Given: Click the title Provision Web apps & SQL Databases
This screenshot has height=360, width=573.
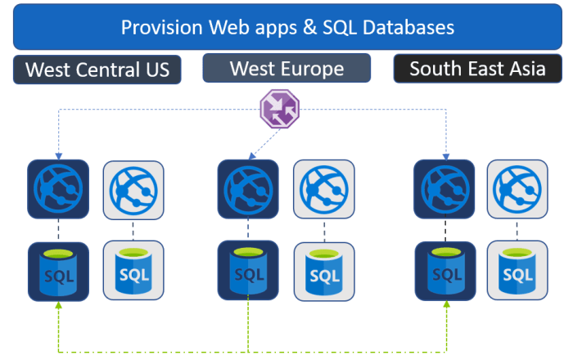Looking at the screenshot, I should pos(286,27).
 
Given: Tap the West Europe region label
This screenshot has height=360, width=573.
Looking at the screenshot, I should pos(286,68).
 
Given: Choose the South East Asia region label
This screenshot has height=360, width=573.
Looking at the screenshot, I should pos(477,68).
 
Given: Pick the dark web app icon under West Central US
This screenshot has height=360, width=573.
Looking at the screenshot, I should pos(58,189).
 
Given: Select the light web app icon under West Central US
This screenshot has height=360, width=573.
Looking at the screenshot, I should pos(133,189).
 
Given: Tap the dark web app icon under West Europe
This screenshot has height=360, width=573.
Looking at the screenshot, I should pos(248,189).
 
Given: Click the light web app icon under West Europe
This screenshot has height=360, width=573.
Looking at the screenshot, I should pos(323,189).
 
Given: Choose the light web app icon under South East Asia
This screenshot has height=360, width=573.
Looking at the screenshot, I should pos(518,189).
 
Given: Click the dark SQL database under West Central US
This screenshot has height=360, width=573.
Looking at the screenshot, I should pos(58,271).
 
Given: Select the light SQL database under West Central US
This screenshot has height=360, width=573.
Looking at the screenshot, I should pos(133,271).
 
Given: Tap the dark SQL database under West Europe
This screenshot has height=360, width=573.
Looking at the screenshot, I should pos(248,271).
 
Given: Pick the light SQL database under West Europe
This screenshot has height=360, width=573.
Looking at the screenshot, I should pos(323,271).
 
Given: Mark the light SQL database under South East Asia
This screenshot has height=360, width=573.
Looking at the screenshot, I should pos(518,271).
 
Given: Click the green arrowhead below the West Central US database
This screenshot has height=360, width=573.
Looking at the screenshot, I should pos(58,307).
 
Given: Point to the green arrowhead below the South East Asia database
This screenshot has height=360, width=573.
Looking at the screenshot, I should pos(447,307).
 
